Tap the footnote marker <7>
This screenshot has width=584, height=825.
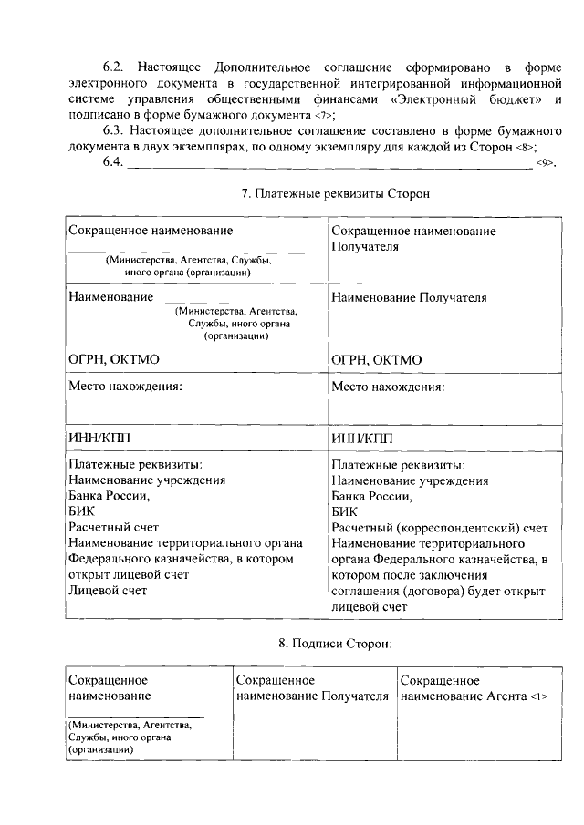point(324,116)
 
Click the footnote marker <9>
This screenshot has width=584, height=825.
point(546,163)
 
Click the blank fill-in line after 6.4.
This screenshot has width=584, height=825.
point(328,166)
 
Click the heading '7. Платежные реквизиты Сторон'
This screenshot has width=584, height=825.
point(334,194)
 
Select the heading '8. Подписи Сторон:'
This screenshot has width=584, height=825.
point(335,643)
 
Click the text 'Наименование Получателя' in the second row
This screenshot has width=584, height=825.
point(409,297)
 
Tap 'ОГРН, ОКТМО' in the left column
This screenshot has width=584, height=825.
point(113,360)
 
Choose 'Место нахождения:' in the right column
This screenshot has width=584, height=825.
point(388,387)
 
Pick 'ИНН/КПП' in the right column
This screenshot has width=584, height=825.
point(363,438)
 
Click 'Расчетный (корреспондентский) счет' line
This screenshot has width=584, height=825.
point(439,528)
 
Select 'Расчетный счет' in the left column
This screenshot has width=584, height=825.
point(114,528)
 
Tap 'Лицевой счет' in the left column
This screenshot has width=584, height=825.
point(108,590)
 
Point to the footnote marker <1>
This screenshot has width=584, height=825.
point(537,698)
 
